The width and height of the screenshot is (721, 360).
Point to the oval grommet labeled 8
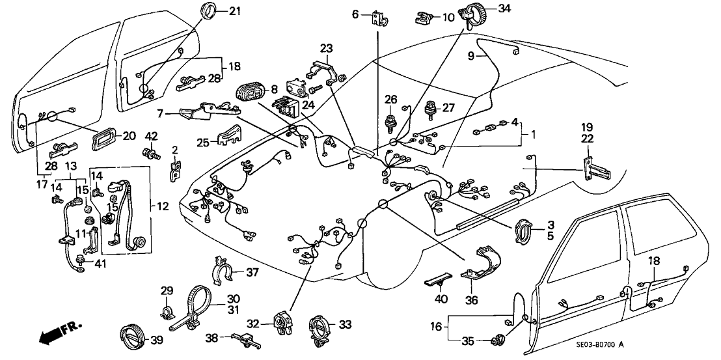[x=249, y=92]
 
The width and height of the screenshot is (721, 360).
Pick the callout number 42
[x=151, y=136]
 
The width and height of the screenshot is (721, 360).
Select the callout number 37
[x=252, y=271]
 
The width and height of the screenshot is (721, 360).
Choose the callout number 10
[x=449, y=18]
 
